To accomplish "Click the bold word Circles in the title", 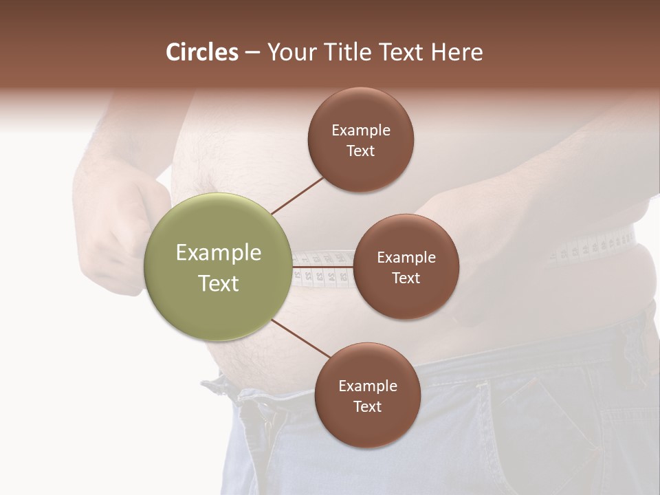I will pyautogui.click(x=201, y=52).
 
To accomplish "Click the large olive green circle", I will pyautogui.click(x=217, y=267).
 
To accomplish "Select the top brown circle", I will pyautogui.click(x=360, y=140).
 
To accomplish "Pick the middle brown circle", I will pyautogui.click(x=406, y=267).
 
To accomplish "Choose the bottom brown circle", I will pyautogui.click(x=367, y=395).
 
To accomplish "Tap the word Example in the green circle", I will pyautogui.click(x=219, y=252).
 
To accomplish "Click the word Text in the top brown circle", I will pyautogui.click(x=360, y=151).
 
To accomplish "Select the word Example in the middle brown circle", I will pyautogui.click(x=406, y=257).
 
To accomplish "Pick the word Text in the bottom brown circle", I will pyautogui.click(x=367, y=406).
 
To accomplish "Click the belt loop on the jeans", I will pyautogui.click(x=636, y=344).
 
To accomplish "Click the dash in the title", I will pyautogui.click(x=252, y=52).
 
